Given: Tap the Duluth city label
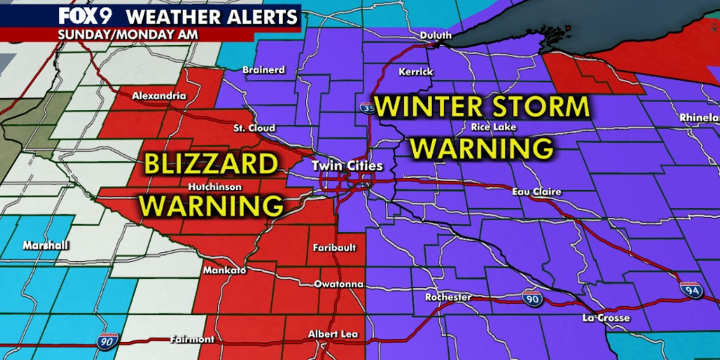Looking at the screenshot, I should tap(435, 35).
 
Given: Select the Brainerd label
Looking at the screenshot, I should tap(263, 70).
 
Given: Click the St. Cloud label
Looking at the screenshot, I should tap(254, 128).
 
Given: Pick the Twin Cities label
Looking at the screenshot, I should tap(346, 166).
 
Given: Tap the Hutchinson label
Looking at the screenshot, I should tap(215, 187).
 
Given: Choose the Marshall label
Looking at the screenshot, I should tap(46, 246).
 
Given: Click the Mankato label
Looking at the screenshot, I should tap(224, 270).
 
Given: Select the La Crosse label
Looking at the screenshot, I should tap(606, 318).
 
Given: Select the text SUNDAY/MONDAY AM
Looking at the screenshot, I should tap(128, 34).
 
